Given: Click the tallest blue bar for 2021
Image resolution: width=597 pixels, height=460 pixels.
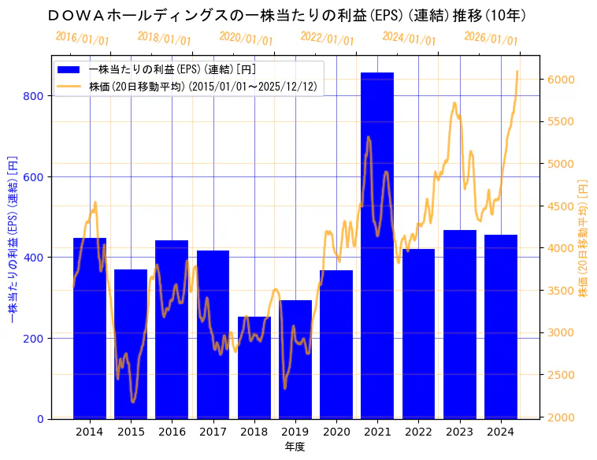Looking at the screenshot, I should [x=377, y=245].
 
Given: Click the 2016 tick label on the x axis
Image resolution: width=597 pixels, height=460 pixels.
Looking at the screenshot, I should [x=172, y=432].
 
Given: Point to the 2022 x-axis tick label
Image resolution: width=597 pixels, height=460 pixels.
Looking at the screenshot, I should [x=418, y=432].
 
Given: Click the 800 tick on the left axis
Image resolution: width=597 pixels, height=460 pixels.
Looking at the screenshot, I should [x=37, y=96].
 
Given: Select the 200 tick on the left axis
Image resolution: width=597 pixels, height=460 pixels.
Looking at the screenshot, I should [x=37, y=339].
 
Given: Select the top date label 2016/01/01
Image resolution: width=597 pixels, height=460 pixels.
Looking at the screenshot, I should [x=83, y=39].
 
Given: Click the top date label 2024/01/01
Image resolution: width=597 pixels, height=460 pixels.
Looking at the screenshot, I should [x=409, y=39].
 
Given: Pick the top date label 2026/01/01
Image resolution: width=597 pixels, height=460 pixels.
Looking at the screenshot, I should [x=491, y=39].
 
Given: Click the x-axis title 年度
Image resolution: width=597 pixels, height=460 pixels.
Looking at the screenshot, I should [x=295, y=447].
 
